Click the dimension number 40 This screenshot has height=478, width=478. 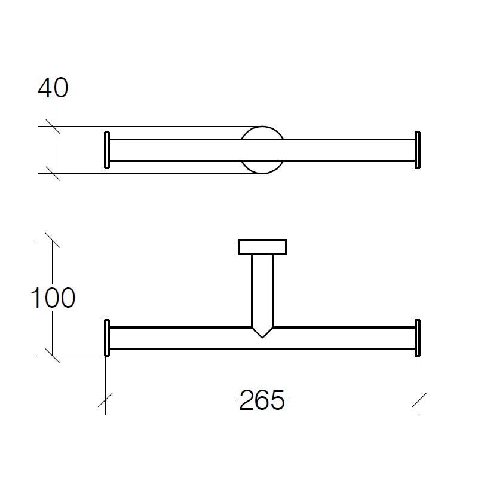pos(53,88)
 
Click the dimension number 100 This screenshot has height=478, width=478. pos(53,298)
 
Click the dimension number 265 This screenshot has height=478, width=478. pos(262,401)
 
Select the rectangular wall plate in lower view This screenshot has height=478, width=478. pos(263,247)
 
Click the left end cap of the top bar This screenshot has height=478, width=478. pos(107,150)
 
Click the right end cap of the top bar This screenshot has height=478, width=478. pos(418,150)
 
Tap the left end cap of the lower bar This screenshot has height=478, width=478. pos(107,338)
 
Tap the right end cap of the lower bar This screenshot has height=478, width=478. pos(418,338)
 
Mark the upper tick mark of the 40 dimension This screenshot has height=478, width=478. pos(54,126)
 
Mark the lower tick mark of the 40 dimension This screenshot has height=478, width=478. pos(54,173)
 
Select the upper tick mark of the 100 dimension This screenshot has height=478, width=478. pos(54,240)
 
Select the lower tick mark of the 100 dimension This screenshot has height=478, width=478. pos(54,356)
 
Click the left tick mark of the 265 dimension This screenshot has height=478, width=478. pos(106,401)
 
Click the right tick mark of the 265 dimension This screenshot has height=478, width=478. pos(418,401)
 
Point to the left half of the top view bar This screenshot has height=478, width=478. pos(173,150)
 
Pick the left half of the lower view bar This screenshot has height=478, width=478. pos(179,338)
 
